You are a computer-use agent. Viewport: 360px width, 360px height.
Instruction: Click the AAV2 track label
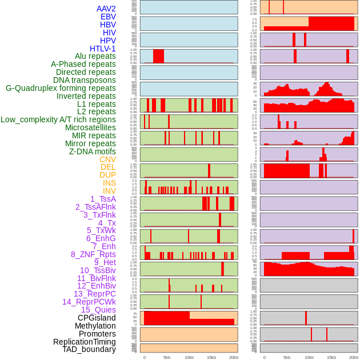[x=106, y=9]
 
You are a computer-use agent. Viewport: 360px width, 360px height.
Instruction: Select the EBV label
[x=108, y=17]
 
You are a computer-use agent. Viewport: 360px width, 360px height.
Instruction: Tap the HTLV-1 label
[x=103, y=49]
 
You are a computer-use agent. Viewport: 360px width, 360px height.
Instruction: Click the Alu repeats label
[x=95, y=56]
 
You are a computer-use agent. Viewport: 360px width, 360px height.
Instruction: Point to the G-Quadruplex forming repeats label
[x=61, y=88]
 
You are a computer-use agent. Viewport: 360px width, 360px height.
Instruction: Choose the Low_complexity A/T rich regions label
[x=58, y=119]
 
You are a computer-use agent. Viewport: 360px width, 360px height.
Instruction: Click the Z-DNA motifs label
[x=93, y=151]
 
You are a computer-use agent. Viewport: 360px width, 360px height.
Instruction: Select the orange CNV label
[x=107, y=159]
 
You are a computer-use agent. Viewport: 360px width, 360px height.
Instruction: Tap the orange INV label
[x=109, y=191]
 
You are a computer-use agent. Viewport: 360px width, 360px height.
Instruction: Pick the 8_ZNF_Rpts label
[x=93, y=254]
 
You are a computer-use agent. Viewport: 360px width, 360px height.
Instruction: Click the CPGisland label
[x=97, y=318]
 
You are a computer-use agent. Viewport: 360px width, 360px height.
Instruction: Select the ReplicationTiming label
[x=85, y=342]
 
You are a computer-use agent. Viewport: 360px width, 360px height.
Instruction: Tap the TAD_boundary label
[x=89, y=349]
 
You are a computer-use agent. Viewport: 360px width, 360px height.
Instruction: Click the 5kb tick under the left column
[x=167, y=357]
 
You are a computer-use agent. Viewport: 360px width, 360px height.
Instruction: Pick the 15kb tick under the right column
[x=331, y=357]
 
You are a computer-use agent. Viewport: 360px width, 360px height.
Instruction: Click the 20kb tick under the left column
[x=234, y=357]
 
